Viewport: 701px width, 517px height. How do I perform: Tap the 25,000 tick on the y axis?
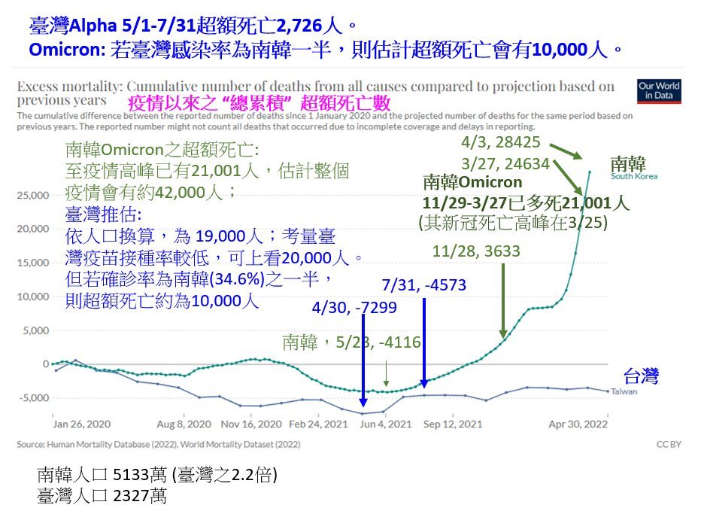coord(33,196)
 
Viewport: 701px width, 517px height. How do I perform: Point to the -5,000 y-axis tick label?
coord(33,397)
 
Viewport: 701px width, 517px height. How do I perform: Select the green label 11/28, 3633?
coord(476,251)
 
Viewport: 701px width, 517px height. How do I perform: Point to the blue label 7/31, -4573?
coord(423,285)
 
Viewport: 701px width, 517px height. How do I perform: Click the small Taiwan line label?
coord(623,391)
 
